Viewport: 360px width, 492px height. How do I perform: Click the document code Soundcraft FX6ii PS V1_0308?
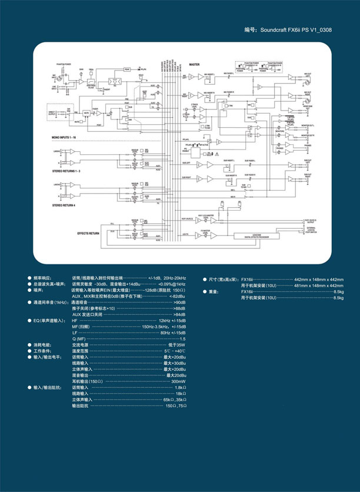288,29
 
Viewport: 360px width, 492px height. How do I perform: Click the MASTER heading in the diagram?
194,64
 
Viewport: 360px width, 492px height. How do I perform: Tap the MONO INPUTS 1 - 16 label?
67,137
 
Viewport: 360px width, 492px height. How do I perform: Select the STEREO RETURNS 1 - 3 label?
67,169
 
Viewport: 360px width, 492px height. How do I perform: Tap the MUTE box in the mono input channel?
86,112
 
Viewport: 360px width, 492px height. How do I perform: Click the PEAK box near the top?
127,69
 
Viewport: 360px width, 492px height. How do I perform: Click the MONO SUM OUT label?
308,106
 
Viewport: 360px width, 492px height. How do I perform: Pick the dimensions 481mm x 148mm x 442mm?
318,285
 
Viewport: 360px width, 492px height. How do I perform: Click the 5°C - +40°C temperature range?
175,351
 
